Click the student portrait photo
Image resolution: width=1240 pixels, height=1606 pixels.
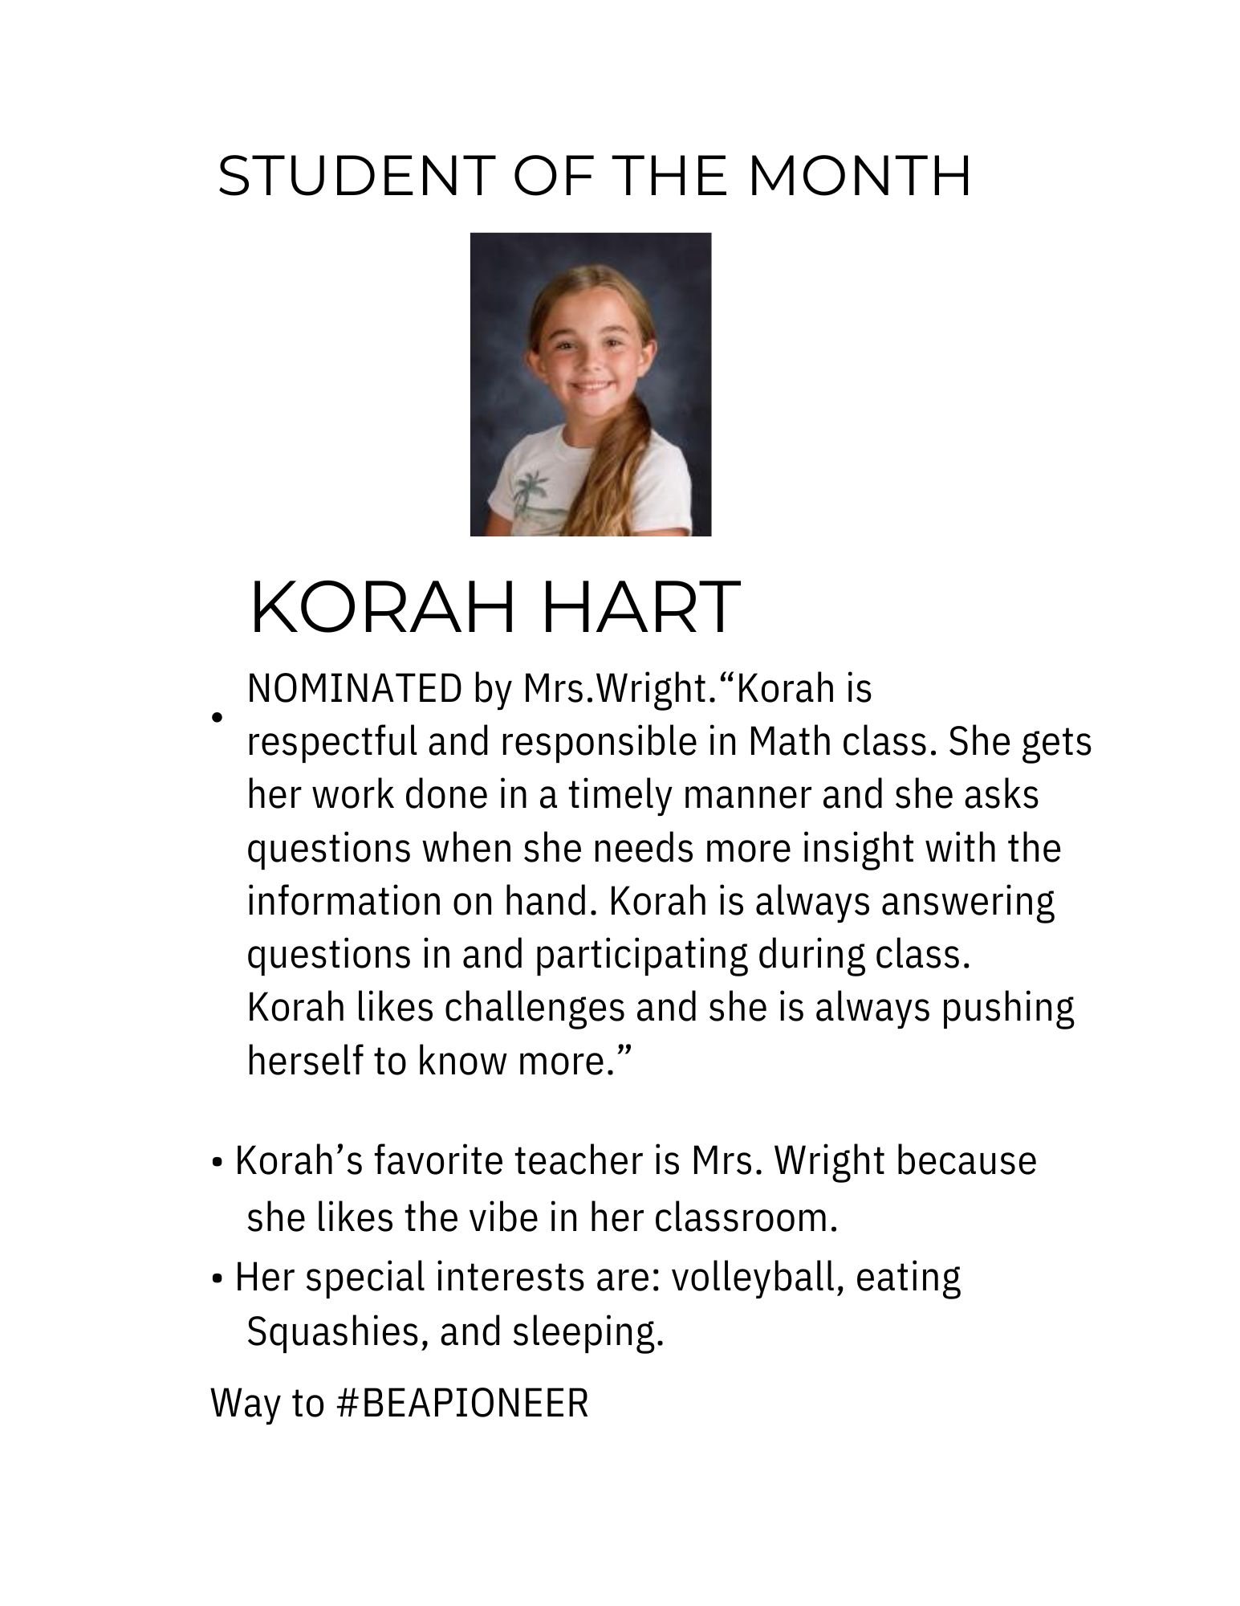590,384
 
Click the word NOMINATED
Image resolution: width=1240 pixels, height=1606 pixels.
354,689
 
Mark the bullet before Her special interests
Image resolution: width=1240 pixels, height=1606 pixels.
217,1278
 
